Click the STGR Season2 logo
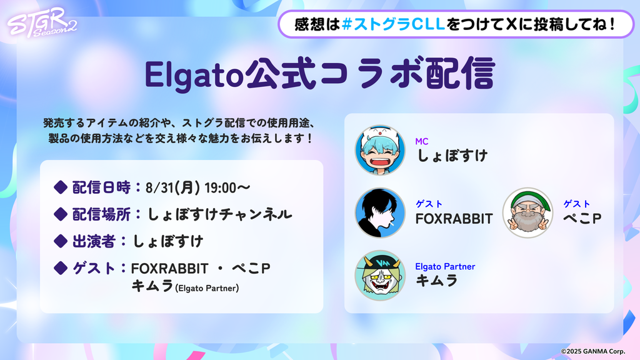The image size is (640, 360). point(42,22)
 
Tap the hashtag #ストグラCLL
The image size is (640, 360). point(394,24)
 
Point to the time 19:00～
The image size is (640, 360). point(227,187)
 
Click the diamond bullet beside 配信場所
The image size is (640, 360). point(61,214)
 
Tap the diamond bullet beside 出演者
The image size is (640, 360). point(61,241)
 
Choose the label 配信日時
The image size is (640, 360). point(101,187)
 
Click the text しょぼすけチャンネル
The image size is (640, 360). point(219,214)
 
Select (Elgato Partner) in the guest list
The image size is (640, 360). point(207,288)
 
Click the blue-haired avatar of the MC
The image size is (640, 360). point(380,150)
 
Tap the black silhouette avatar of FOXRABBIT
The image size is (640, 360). point(380,212)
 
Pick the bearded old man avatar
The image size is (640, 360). point(527,212)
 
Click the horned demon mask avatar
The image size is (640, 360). point(380,276)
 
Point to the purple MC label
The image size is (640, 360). point(422,141)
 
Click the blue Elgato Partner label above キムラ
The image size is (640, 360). point(445,266)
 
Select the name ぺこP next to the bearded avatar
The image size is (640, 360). point(582,218)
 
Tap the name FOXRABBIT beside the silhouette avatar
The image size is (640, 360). point(454,219)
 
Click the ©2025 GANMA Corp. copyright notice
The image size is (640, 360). point(592,351)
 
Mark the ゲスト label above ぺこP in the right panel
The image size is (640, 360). point(577,204)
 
